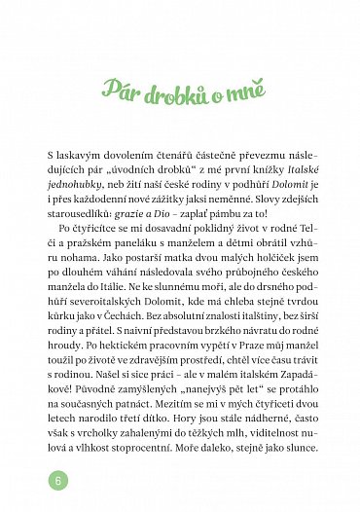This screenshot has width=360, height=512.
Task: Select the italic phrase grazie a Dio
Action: (194, 219)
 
